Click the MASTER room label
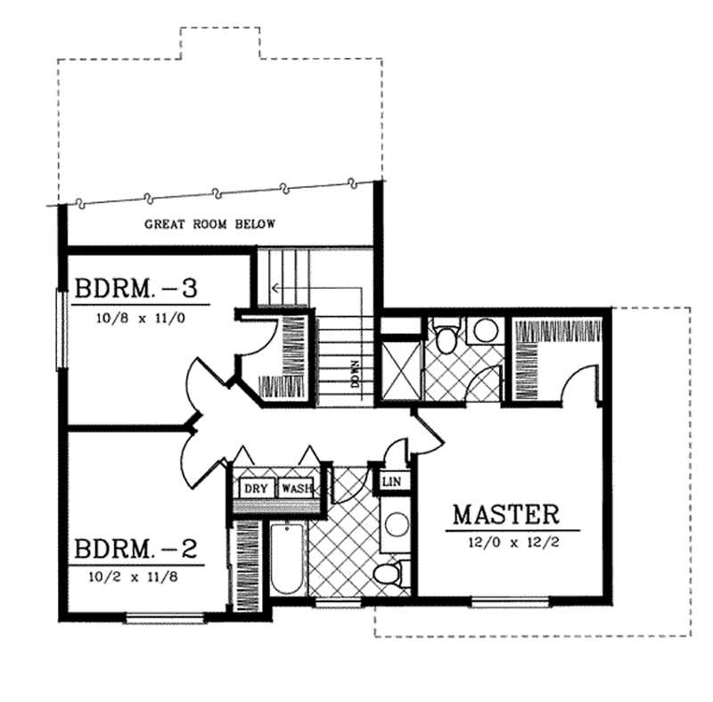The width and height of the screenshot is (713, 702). tap(505, 514)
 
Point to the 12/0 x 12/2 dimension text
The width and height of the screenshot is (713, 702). tap(505, 539)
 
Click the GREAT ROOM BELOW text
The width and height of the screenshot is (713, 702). tap(210, 224)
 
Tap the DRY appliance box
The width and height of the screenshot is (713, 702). tap(257, 488)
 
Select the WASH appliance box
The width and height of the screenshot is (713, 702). tap(296, 488)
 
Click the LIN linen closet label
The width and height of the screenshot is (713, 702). tap(391, 482)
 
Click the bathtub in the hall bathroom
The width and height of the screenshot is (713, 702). tap(287, 559)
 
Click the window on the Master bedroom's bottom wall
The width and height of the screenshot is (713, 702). tap(496, 602)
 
